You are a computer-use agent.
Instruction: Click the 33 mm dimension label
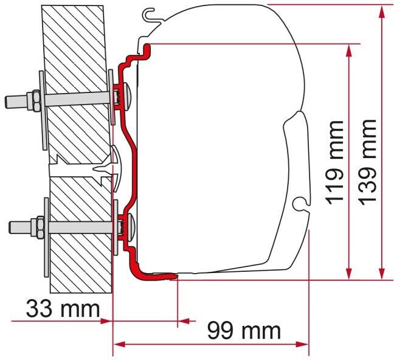click(x=63, y=309)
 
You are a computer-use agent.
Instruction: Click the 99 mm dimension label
click(x=244, y=331)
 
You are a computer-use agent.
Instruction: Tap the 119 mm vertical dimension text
click(x=333, y=161)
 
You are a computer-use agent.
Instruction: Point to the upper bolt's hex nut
click(x=35, y=98)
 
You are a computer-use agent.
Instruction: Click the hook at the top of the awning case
click(x=147, y=12)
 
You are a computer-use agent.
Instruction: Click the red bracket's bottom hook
click(x=161, y=274)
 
